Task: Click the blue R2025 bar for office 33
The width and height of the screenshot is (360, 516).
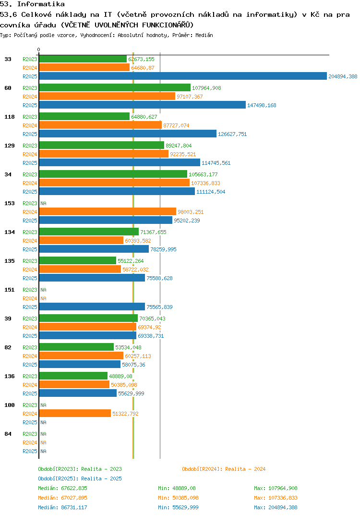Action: (182, 76)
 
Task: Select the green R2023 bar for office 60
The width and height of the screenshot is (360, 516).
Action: (114, 88)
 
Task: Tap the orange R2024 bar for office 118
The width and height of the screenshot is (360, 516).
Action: (100, 125)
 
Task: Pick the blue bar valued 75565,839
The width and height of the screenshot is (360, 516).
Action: (92, 307)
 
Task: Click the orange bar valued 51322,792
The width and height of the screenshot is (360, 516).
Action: (74, 414)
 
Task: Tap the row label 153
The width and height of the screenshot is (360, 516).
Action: (9, 203)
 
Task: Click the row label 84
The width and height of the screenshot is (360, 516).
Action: (8, 434)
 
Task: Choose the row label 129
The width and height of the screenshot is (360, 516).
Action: (9, 146)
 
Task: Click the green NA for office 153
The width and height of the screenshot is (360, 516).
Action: (43, 203)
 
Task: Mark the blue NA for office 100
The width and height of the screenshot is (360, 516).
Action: (43, 422)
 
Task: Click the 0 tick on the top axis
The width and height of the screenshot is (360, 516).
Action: (39, 49)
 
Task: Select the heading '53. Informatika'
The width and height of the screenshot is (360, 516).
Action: (32, 4)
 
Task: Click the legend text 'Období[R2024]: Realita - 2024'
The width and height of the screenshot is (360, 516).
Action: (224, 469)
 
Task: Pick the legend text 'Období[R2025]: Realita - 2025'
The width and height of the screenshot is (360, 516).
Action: (80, 479)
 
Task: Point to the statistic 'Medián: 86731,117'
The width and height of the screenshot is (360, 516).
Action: (62, 507)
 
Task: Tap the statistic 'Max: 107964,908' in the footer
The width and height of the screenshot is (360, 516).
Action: (276, 488)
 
